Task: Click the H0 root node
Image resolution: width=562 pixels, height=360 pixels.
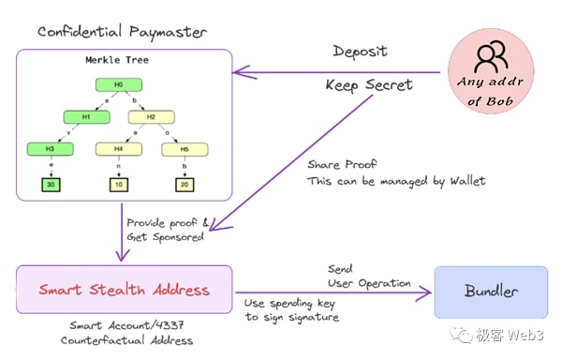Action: point(119,85)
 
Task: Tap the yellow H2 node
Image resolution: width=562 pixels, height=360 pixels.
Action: point(151,117)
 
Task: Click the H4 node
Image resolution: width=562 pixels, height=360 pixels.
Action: point(119,148)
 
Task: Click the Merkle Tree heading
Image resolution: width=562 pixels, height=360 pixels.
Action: point(119,61)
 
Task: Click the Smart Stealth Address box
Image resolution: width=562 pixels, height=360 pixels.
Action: point(124,290)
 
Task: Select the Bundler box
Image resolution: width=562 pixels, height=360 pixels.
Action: point(491,291)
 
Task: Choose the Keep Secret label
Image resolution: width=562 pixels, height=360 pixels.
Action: point(368,84)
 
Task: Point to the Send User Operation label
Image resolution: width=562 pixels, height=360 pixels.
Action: point(368,276)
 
